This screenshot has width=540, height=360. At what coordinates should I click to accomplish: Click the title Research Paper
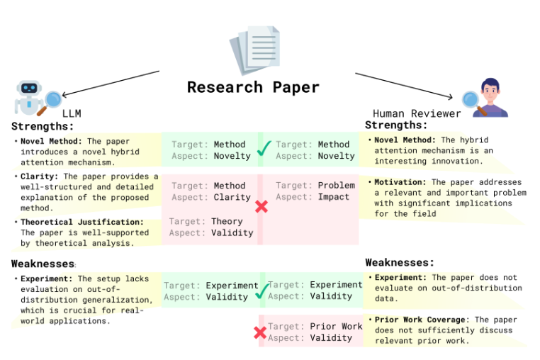click(253, 87)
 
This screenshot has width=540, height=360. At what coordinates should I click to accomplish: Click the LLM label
click(72, 113)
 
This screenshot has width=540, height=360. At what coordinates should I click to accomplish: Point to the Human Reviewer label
click(417, 113)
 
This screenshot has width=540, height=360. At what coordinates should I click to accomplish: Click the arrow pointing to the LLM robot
click(110, 82)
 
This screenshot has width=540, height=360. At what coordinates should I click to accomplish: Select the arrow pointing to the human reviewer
click(404, 85)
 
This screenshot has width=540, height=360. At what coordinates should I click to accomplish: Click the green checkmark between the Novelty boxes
click(264, 150)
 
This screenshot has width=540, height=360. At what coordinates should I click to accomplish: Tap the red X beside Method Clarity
click(261, 206)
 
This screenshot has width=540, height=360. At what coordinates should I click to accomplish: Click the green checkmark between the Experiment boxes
click(261, 290)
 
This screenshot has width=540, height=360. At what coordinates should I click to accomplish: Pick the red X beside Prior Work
click(260, 332)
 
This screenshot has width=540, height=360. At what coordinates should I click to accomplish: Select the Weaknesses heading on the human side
click(400, 263)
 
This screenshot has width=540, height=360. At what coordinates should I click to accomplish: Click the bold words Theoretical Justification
click(72, 223)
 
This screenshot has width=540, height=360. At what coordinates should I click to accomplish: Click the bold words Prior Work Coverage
click(420, 320)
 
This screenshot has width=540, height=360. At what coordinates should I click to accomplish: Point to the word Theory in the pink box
click(227, 222)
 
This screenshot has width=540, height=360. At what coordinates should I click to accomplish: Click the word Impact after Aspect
click(333, 197)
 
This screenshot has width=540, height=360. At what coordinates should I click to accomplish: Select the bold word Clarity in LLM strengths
click(38, 176)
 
